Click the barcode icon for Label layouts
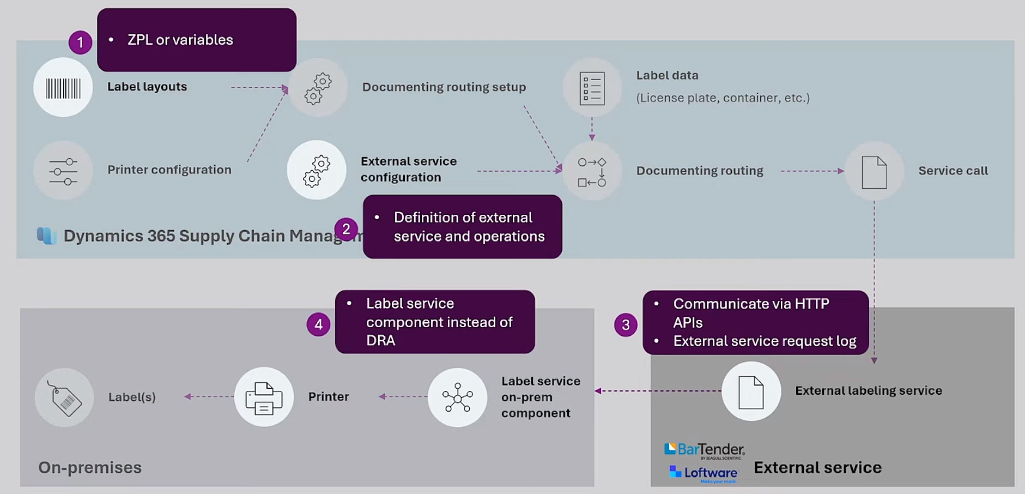[x=63, y=88]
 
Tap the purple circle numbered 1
[x=80, y=42]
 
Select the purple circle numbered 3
[x=626, y=325]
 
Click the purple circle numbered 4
[x=318, y=325]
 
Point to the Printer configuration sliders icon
[x=63, y=171]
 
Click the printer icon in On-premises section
[x=264, y=397]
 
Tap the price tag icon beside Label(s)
[x=64, y=398]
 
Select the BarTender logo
[x=704, y=450]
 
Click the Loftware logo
[x=704, y=473]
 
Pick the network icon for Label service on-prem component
[x=457, y=397]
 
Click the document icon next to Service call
[x=874, y=172]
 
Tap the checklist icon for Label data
[x=592, y=88]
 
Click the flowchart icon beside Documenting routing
[x=592, y=172]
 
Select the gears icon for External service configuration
[x=317, y=171]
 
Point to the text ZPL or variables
[x=180, y=40]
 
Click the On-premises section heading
[x=90, y=467]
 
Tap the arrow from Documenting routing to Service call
[x=812, y=171]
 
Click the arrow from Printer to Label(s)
[x=209, y=396]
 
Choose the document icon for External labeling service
[x=751, y=391]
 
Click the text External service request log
[x=765, y=341]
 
